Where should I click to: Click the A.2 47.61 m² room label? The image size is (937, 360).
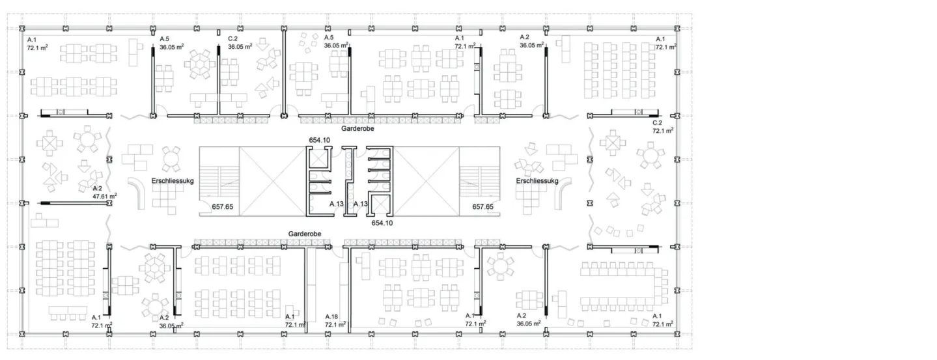[x=105, y=192]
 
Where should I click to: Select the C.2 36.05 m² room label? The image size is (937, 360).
[x=240, y=43]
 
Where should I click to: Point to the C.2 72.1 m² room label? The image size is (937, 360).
[x=663, y=127]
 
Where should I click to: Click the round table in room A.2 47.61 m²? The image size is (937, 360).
[x=87, y=139]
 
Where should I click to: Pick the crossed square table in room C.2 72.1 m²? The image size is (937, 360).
[x=613, y=143]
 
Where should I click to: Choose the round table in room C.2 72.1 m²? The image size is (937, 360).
[x=650, y=156]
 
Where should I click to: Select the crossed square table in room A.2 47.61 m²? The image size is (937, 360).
[x=49, y=143]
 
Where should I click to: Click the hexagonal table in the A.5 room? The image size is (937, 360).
[x=200, y=64]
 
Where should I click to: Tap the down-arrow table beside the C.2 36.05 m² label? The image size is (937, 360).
[x=262, y=44]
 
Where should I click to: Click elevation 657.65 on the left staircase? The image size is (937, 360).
[x=223, y=206]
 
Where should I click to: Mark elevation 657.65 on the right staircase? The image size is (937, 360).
[x=482, y=206]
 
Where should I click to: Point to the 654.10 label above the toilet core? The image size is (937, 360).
[x=320, y=140]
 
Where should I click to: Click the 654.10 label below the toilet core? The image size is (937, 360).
[x=382, y=223]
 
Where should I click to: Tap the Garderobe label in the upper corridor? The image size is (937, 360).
[x=357, y=128]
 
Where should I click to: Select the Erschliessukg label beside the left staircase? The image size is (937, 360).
[x=173, y=181]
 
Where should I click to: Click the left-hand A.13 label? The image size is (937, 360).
[x=336, y=204]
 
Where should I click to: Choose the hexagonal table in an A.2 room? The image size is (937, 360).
[x=154, y=268]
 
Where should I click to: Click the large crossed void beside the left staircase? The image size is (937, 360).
[x=272, y=181]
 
